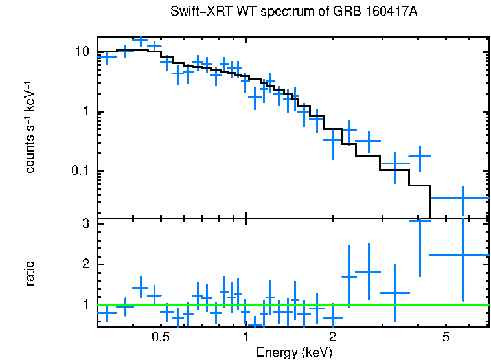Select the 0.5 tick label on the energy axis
(160, 337)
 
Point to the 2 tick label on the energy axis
(332, 337)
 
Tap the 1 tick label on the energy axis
(246, 337)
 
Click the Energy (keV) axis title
(294, 352)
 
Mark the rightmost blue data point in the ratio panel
(464, 255)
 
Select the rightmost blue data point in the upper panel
(464, 197)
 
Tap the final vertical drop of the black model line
(429, 202)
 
